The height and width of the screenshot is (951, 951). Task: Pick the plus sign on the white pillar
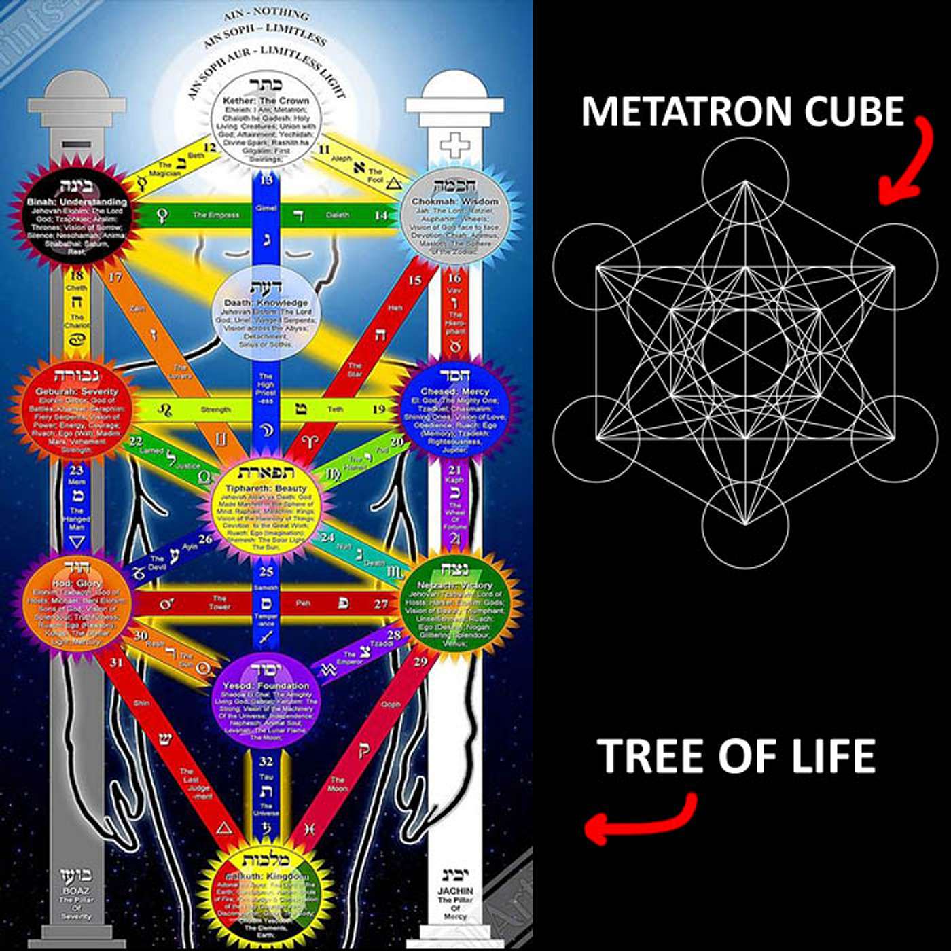pos(454,145)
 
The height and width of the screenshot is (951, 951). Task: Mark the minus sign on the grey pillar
pos(71,145)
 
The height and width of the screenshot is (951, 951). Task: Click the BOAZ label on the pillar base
pos(75,890)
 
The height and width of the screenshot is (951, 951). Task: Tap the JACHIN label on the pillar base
pos(455,891)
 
